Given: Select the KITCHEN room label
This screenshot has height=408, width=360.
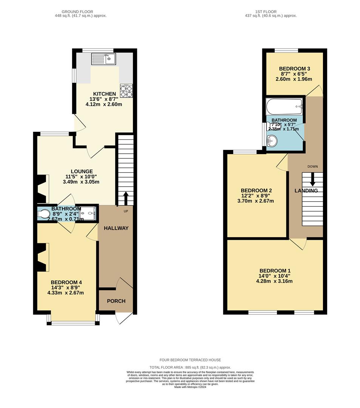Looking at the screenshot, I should coord(105,94).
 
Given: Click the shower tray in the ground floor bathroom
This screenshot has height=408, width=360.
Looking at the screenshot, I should coord(88,214).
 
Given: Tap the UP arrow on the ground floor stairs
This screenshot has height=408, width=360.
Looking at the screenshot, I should coord(125,197).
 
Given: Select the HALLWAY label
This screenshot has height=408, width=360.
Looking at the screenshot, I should coord(116,228).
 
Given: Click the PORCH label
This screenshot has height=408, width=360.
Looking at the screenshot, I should coord(116,301).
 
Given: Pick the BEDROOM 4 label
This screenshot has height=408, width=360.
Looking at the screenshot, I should coord(66,282).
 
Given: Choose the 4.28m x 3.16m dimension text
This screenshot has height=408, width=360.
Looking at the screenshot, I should coord(274,281).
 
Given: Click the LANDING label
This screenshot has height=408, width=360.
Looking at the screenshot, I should coord(306,191).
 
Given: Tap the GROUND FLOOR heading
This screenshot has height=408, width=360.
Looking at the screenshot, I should coord(80,11).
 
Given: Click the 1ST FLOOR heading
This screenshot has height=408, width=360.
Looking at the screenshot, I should coord(271,11).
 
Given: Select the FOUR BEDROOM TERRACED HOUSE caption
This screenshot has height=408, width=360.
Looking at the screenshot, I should coord(190,360).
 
